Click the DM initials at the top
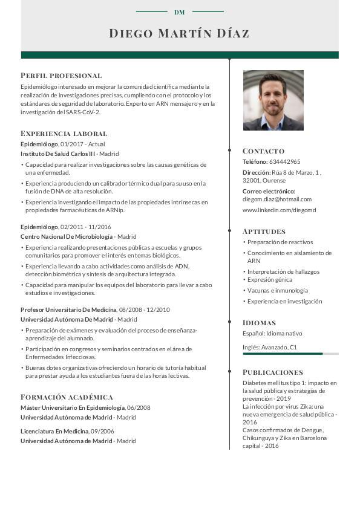[x=179, y=12]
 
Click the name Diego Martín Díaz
[x=179, y=33]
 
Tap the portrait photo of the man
[x=273, y=100]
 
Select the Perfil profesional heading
[x=61, y=76]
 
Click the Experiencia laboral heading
[x=64, y=133]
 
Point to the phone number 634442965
[x=284, y=162]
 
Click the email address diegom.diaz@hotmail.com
[x=277, y=199]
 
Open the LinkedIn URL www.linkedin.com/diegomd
[x=279, y=210]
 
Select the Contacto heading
[x=263, y=151]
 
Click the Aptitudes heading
[x=264, y=231]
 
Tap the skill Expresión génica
[x=269, y=280]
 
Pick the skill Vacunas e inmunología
[x=277, y=291]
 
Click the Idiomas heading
[x=259, y=322]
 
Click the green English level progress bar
[x=283, y=354]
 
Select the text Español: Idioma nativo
[x=272, y=333]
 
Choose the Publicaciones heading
[x=272, y=372]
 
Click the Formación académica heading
[x=67, y=397]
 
